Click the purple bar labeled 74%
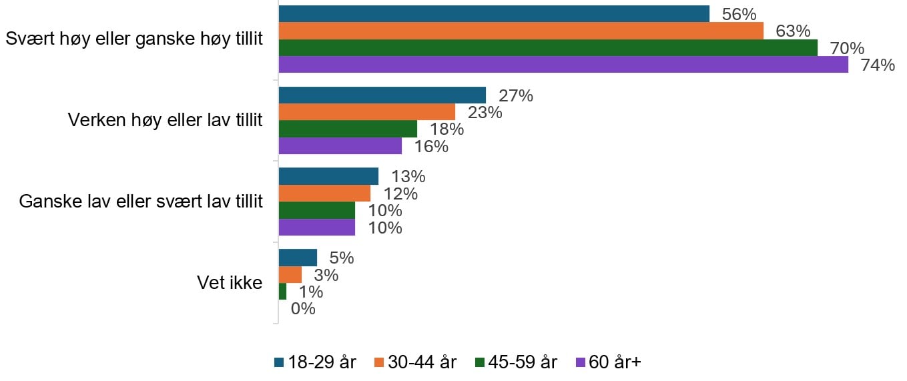(563, 65)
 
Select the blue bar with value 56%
(493, 14)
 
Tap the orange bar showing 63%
(521, 31)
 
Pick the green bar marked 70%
(547, 48)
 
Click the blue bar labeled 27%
(382, 95)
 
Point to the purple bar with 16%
(340, 145)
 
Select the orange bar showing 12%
(324, 194)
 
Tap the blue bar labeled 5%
(298, 258)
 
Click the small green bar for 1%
(282, 292)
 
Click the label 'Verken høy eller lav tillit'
(166, 120)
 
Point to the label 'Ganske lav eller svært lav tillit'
(141, 202)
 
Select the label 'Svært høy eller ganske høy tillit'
(133, 39)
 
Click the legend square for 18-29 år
(279, 362)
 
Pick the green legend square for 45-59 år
(479, 362)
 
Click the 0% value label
(302, 309)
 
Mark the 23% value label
(485, 112)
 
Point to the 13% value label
(408, 177)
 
